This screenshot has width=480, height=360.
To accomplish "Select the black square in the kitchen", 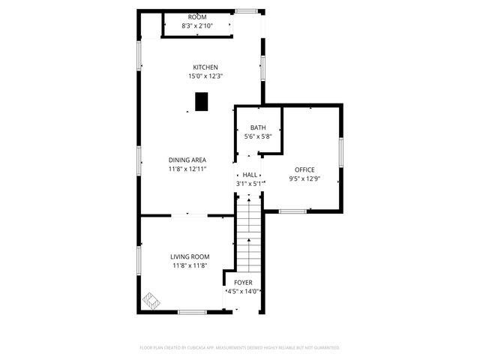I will click(x=201, y=101).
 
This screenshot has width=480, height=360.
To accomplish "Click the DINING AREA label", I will click(x=187, y=160).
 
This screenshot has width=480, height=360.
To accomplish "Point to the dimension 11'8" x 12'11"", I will click(x=187, y=169).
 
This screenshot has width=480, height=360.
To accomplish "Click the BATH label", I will click(x=258, y=127).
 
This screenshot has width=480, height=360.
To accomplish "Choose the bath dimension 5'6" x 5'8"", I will click(x=258, y=136).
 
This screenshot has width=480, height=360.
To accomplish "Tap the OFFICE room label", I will click(x=304, y=169).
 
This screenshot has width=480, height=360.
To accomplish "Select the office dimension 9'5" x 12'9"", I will click(x=304, y=179).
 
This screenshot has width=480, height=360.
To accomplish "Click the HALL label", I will click(x=250, y=174).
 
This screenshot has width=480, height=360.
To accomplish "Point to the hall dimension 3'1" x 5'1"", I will click(x=250, y=183).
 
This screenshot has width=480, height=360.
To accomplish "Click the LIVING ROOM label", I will click(x=190, y=256).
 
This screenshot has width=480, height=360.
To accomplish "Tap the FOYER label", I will click(x=243, y=282).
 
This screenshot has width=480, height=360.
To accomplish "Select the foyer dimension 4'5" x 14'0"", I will click(x=243, y=292).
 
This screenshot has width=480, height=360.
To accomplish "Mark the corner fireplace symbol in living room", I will click(x=151, y=301).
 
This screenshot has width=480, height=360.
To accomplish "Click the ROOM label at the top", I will click(x=197, y=17).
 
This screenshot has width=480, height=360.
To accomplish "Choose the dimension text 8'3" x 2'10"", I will click(x=197, y=26).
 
